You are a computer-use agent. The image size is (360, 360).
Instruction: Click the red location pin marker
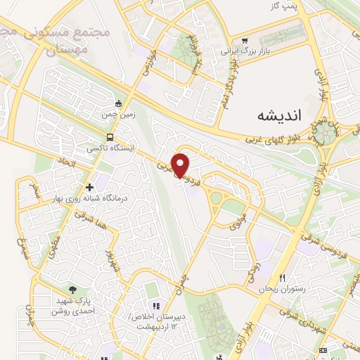point(181,165)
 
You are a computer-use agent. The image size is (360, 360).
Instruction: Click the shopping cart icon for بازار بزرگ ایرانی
point(244,41)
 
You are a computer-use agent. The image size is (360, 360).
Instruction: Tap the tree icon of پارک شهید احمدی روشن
point(73,289)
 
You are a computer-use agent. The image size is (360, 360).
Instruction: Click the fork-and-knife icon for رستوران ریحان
point(283,278)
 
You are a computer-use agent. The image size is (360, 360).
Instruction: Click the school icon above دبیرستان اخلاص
point(156,306)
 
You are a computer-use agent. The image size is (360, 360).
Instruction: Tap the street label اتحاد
point(61,162)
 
